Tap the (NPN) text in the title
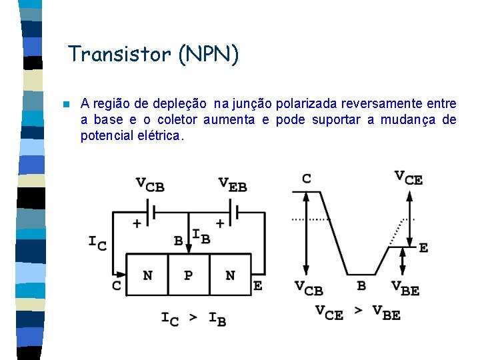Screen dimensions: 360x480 point(208,54)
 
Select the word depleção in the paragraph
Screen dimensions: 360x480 point(179,104)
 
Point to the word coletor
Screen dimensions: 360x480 point(179,120)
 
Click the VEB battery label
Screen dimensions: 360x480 point(232,185)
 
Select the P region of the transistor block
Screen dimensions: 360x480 point(189,275)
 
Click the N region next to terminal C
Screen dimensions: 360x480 point(147,275)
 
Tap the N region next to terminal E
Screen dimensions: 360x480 point(230,275)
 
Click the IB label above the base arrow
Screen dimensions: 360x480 point(201,235)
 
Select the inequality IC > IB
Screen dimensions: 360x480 point(193,318)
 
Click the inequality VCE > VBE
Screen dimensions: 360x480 point(358,312)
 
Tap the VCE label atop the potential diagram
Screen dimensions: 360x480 point(408,177)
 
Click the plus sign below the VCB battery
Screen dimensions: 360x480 point(137,224)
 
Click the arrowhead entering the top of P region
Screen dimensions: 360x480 point(189,249)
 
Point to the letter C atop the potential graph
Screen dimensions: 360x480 point(306,179)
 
